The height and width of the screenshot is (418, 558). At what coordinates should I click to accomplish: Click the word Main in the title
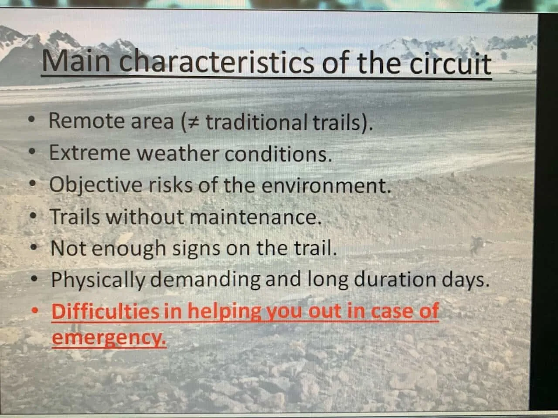tap(76, 61)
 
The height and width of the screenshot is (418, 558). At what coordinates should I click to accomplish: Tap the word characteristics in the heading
tap(217, 62)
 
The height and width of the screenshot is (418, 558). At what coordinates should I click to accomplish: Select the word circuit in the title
tap(450, 64)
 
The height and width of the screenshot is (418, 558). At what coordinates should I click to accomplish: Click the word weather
tap(178, 154)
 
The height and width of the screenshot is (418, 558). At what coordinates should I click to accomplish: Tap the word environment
tap(326, 186)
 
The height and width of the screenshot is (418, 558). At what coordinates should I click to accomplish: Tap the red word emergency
tap(109, 338)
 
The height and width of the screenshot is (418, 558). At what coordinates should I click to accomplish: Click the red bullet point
tap(35, 310)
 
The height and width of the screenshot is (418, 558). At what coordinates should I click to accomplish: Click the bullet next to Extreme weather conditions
tap(32, 152)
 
